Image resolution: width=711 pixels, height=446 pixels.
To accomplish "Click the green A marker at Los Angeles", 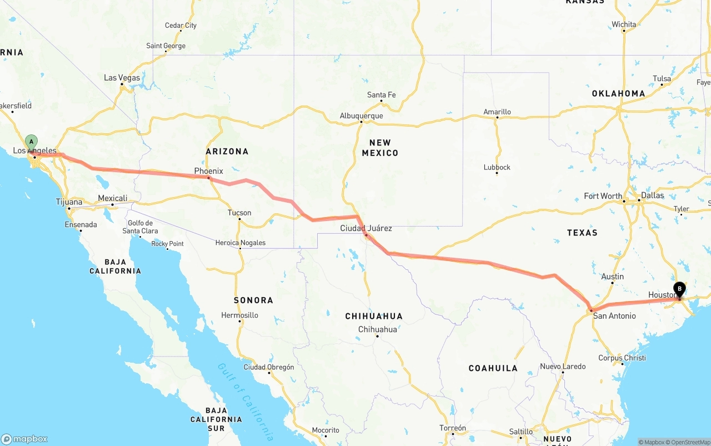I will tap(32, 142).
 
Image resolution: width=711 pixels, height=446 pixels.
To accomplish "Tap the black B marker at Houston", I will tap(679, 289).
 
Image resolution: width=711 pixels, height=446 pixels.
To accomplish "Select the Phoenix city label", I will tap(208, 171).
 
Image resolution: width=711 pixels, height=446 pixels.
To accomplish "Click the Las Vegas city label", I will tap(122, 78).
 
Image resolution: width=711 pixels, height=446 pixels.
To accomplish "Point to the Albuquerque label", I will tap(361, 116).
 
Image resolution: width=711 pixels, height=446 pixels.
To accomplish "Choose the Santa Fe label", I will tap(381, 95).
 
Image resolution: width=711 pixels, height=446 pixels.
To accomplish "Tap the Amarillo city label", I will tap(497, 112).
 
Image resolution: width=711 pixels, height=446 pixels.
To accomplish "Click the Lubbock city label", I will tap(497, 167).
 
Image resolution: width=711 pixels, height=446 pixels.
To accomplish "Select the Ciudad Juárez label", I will tap(366, 228).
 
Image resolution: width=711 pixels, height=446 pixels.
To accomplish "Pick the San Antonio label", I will tap(614, 316).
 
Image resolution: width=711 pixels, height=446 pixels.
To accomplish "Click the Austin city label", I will tap(612, 277).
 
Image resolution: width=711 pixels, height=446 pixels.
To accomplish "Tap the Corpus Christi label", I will tap(622, 358).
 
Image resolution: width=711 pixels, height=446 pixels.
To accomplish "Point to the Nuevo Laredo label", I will tap(563, 367).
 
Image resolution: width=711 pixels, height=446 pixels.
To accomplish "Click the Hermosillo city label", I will tap(239, 315).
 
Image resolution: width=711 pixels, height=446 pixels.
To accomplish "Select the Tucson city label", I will tap(239, 213).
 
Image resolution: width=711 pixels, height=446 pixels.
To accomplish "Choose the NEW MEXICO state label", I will tap(380, 147).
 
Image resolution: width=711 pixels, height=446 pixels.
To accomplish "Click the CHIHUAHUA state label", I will tap(374, 316).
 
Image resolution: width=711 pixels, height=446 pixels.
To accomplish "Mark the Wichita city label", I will tap(624, 24).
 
